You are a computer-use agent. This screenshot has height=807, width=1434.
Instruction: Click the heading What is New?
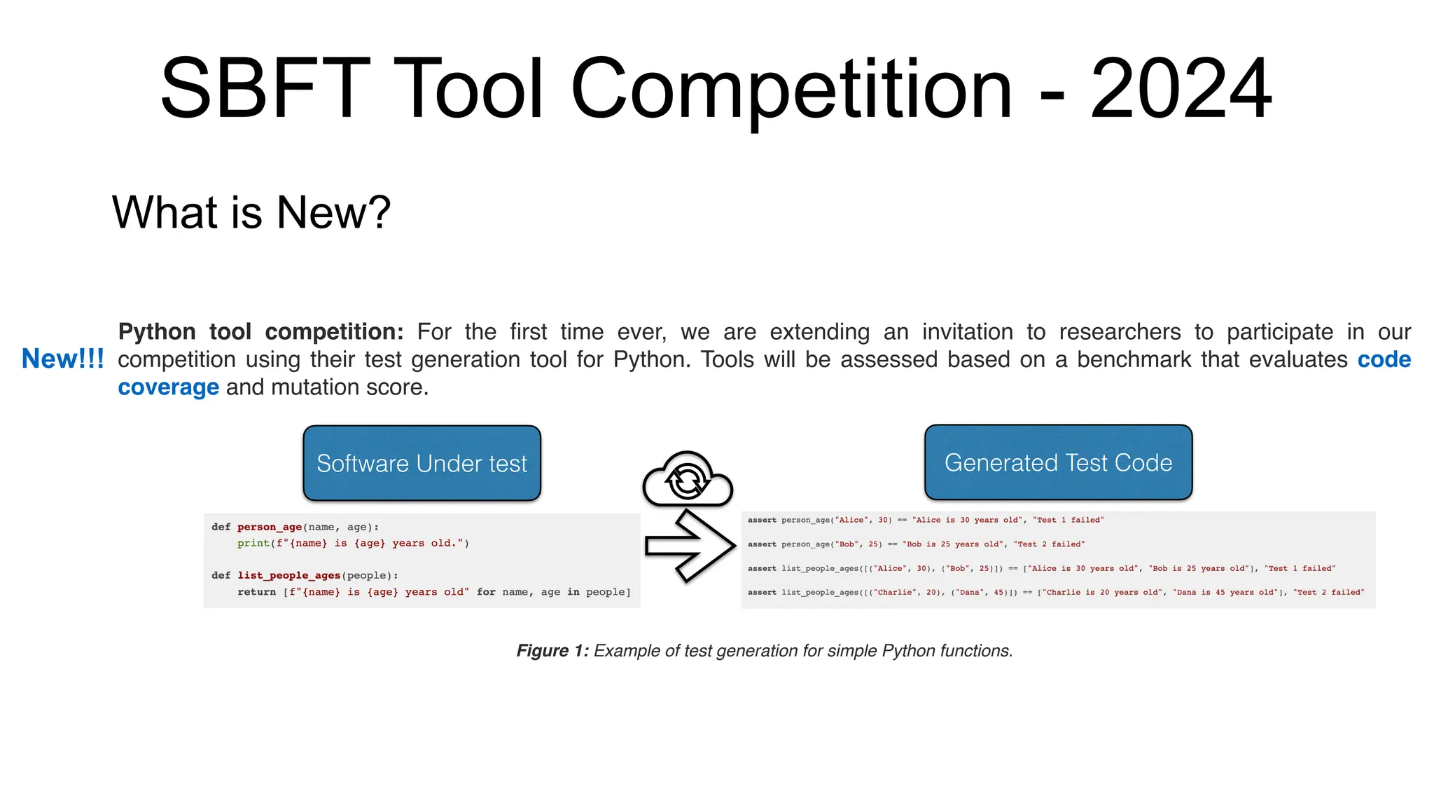coord(251,212)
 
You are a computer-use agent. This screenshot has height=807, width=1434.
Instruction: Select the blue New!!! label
coord(62,359)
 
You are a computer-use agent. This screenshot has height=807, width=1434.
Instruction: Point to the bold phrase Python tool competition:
coord(260,331)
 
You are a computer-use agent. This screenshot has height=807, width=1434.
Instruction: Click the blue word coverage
coord(168,387)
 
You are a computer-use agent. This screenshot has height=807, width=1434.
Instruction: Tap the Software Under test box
coord(422,463)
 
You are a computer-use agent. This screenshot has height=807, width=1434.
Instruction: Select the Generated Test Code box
coord(1058,462)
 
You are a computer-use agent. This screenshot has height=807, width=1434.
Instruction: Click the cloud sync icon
coord(688,480)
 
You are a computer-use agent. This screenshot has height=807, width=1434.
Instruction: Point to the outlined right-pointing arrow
coord(690,546)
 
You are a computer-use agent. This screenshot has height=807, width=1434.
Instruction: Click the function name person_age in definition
coord(270,527)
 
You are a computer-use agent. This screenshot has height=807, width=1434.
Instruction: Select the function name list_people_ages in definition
coord(288,575)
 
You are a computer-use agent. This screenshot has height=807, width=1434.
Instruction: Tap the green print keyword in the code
coord(253,543)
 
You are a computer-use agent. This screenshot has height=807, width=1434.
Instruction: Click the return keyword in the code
coord(256,592)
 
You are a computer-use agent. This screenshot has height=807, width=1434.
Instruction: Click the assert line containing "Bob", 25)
coord(916,544)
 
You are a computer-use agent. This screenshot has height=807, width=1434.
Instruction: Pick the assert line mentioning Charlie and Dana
coord(1055,593)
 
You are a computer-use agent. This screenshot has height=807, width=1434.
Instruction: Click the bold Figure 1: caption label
coord(552,651)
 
